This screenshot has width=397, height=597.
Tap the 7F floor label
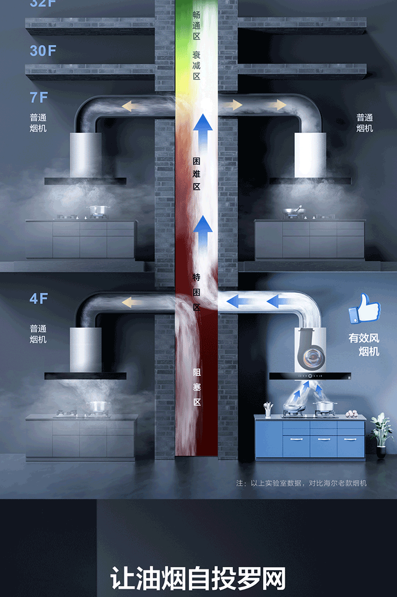click(39, 97)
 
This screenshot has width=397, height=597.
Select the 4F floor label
click(39, 298)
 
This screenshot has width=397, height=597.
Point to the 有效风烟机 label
click(364, 344)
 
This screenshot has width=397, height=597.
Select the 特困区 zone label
click(197, 292)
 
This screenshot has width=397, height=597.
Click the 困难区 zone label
click(197, 172)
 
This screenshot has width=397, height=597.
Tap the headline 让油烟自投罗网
click(198, 578)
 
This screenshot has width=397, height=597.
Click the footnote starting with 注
click(301, 483)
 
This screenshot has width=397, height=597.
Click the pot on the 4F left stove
click(97, 406)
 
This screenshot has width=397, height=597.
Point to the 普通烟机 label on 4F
click(38, 334)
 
